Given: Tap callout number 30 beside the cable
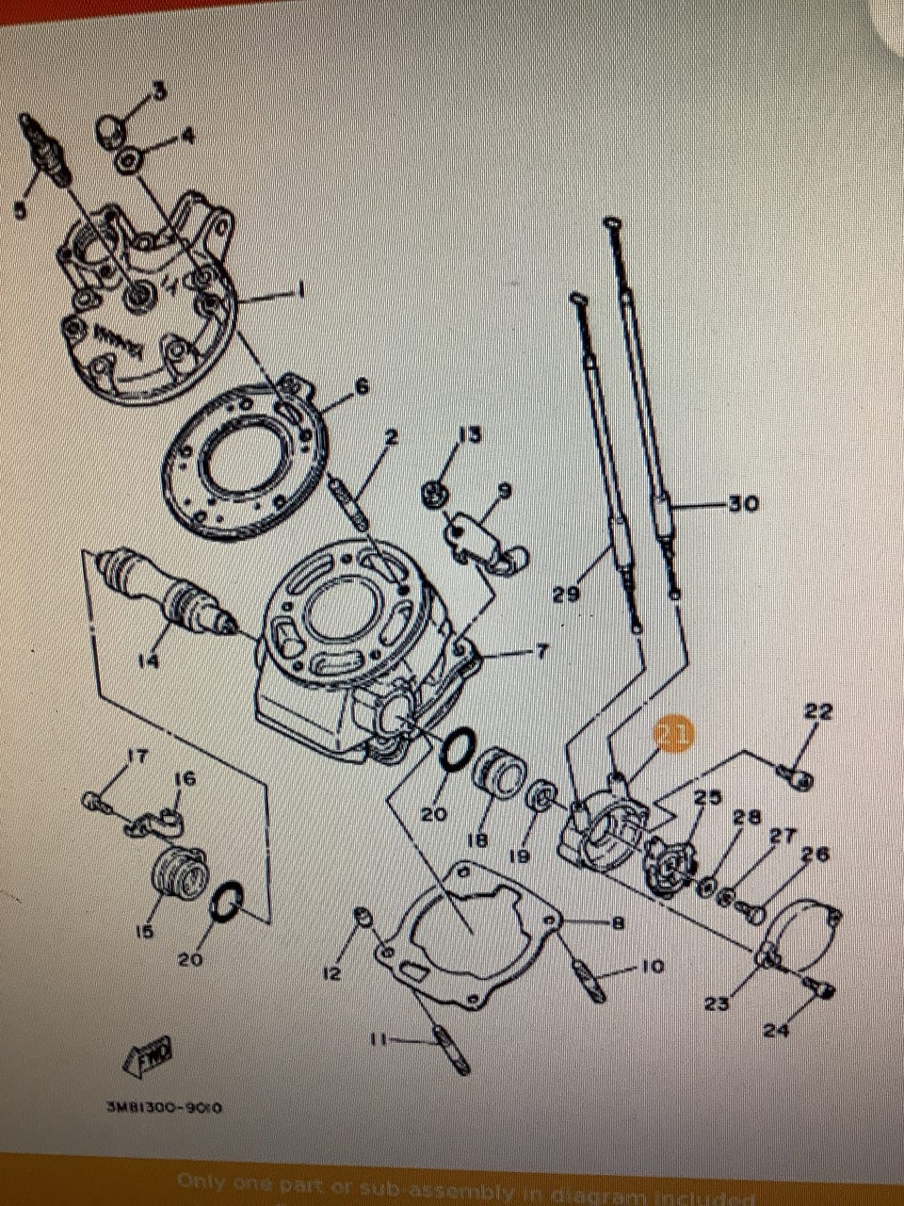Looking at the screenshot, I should (743, 504).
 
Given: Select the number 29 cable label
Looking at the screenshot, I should (566, 595).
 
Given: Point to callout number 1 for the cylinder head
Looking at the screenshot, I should (300, 290).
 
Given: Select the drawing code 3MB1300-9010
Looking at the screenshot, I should (165, 1108).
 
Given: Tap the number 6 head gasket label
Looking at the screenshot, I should (361, 386).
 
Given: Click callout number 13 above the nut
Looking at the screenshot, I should (469, 434).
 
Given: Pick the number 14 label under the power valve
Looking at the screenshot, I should (149, 661).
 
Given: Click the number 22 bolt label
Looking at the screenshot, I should (818, 711).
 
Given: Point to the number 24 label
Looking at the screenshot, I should (776, 1031).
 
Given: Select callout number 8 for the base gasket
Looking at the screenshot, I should (618, 923).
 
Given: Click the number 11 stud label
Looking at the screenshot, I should (378, 1040).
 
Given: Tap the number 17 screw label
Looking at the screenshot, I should (137, 756).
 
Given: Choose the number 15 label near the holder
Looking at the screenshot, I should (144, 932).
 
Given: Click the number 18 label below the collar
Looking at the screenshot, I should (478, 839).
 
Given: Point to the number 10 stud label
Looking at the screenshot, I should (652, 967).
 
